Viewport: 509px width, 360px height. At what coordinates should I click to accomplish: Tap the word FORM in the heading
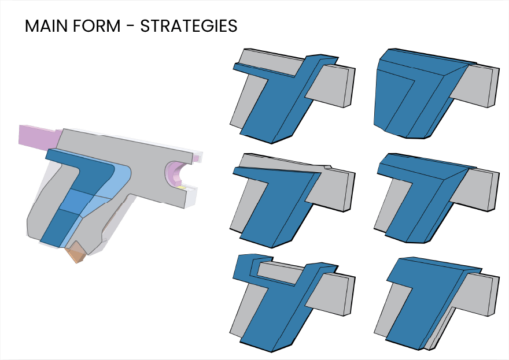point(101,27)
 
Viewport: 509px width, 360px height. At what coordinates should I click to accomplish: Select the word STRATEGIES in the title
point(189,27)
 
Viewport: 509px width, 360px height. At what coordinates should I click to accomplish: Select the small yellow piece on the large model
point(181,187)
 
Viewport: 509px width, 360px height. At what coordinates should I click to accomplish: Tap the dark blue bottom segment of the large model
point(58,228)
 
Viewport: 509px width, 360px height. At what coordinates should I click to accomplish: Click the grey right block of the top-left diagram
point(333,84)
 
